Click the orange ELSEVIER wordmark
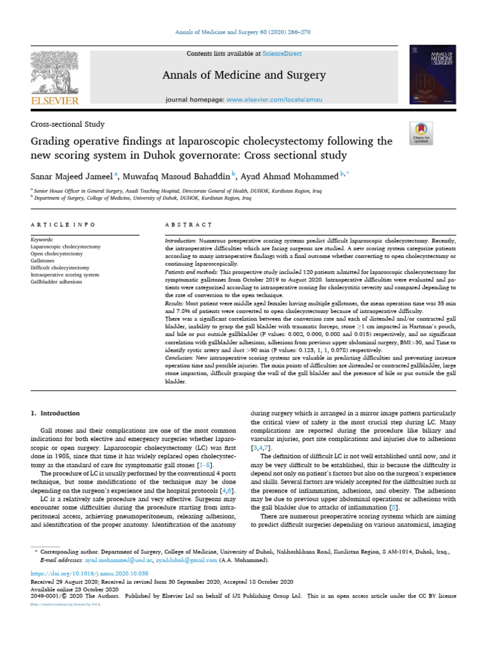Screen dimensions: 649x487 [x=55, y=101]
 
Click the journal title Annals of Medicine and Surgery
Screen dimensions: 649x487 [x=244, y=75]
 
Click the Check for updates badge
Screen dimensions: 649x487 [x=421, y=131]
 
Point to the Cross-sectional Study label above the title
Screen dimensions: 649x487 [x=68, y=124]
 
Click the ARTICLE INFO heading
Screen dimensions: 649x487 [x=63, y=224]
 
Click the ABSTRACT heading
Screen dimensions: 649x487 [x=188, y=224]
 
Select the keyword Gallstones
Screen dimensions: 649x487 [x=44, y=260]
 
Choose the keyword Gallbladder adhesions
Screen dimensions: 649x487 [x=58, y=281]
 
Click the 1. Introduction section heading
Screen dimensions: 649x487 [x=56, y=413]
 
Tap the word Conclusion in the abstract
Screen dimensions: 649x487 [x=179, y=358]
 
